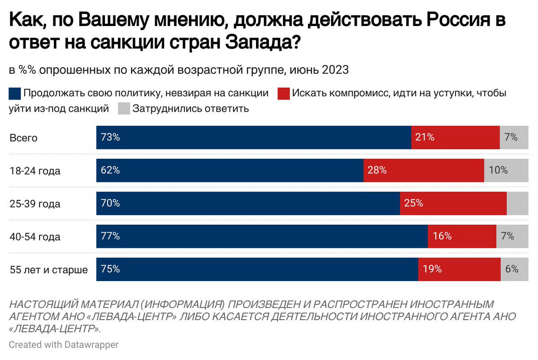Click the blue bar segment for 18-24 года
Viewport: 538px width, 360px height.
pyautogui.click(x=230, y=170)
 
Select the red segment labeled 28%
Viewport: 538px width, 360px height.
pyautogui.click(x=424, y=170)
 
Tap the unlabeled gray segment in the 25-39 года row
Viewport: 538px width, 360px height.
pyautogui.click(x=518, y=204)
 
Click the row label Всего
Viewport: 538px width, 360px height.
pyautogui.click(x=23, y=138)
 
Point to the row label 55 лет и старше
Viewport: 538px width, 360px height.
pyautogui.click(x=49, y=270)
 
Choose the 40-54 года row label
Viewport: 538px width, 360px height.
pyautogui.click(x=35, y=237)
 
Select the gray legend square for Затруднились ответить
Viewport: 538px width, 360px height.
pyautogui.click(x=124, y=108)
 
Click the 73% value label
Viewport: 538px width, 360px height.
pyautogui.click(x=111, y=138)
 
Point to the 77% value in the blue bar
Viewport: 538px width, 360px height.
pyautogui.click(x=111, y=236)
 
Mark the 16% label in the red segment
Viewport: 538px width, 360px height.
pyautogui.click(x=442, y=236)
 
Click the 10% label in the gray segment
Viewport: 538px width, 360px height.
pyautogui.click(x=499, y=170)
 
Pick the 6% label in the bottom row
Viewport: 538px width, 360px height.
pyautogui.click(x=512, y=269)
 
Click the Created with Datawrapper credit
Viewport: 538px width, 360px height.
pyautogui.click(x=64, y=344)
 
